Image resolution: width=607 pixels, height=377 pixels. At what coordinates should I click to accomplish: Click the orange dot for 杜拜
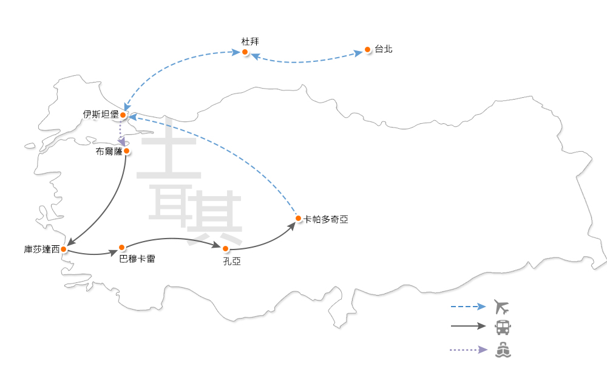pos(245,52)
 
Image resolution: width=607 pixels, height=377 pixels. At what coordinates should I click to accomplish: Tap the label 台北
pos(384,49)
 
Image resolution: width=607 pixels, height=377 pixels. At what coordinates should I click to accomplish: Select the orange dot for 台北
pos(367,49)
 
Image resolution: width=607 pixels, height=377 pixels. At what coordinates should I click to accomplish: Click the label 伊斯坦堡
pos(101,114)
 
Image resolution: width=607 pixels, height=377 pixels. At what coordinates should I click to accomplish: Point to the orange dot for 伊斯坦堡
pos(123,115)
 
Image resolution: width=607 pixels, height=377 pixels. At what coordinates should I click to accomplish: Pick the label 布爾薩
pos(109,151)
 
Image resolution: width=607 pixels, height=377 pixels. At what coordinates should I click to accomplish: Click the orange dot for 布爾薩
pos(126,151)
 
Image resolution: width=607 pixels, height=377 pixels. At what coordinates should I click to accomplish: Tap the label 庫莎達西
pos(42,249)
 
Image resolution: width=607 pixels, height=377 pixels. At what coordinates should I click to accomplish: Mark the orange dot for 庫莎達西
pos(64,249)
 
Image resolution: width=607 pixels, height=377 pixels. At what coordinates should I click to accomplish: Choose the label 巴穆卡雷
pos(138,259)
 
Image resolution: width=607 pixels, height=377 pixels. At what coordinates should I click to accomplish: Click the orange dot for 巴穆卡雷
pos(122,247)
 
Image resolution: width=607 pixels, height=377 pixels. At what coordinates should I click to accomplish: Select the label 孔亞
pos(232,261)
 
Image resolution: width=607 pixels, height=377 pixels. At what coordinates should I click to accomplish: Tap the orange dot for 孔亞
pos(226,249)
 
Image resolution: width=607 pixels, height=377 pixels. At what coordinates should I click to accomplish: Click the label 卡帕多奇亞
pos(326,219)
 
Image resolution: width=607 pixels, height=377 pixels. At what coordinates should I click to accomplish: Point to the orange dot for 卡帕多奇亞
pos(298,218)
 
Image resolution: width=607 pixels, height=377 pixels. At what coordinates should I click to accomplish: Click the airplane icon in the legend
pos(502,306)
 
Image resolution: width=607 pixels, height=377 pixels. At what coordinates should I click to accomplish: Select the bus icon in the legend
pos(503,327)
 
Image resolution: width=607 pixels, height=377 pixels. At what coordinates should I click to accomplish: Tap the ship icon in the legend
pos(503,350)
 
